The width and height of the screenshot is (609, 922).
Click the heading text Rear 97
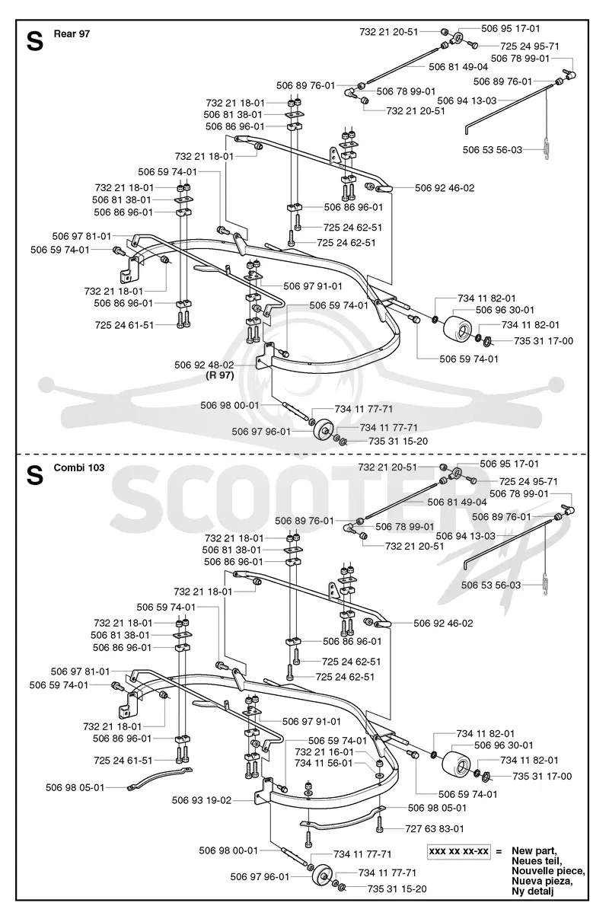pos(72,33)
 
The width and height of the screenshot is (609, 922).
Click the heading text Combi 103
pos(79,467)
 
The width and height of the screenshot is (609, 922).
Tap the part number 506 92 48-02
pos(204,365)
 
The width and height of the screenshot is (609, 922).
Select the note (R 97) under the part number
pos(220,375)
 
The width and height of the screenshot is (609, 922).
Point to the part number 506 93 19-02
pos(202,801)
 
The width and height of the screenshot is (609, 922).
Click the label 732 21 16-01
pos(324,752)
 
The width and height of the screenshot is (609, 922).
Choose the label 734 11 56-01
pos(324,763)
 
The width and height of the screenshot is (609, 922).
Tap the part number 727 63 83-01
pos(435,828)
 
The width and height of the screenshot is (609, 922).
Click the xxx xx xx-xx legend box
pos(459,851)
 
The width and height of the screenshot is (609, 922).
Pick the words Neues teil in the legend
pos(537,860)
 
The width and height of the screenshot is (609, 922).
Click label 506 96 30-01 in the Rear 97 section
pos(505,310)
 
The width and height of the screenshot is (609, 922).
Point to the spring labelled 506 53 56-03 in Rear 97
pos(547,148)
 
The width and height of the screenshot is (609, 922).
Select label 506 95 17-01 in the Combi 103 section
pos(509,464)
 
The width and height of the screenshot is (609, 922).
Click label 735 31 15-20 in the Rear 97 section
pos(398,442)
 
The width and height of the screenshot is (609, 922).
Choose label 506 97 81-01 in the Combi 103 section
pos(80,672)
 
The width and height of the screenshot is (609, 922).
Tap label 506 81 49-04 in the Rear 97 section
pos(458,67)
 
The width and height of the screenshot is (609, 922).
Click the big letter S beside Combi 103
pos(35,476)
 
